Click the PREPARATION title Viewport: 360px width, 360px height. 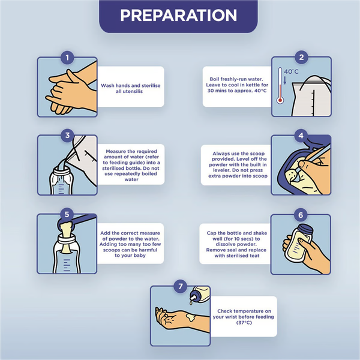coord(178,16)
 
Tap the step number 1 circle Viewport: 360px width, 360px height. coord(67,58)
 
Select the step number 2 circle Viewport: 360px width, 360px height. coord(301,57)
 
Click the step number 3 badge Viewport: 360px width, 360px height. coord(67,135)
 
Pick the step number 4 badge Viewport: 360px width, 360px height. coord(301,136)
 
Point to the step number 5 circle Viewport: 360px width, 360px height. coord(67,214)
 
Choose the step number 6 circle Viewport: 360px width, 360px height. coord(301,215)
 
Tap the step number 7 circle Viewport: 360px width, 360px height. coord(180,286)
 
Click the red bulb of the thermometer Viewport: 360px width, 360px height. coord(280,100)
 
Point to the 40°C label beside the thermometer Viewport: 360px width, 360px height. coord(291,71)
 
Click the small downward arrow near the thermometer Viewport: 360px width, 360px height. coord(285,80)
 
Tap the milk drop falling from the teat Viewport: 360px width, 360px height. coord(191,303)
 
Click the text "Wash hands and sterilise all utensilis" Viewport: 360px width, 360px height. coord(131,88)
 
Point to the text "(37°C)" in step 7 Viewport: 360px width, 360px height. coord(244,323)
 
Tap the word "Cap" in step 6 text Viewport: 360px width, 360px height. coord(211,233)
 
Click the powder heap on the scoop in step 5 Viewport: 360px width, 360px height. coord(67,227)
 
